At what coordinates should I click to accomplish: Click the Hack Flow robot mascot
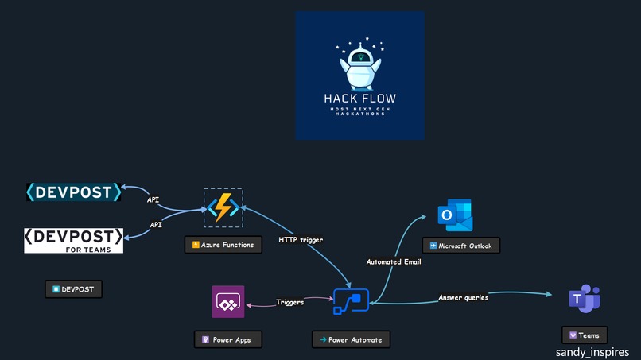click(359, 65)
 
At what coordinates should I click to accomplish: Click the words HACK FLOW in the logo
click(359, 99)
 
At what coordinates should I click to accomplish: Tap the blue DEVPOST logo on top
click(74, 192)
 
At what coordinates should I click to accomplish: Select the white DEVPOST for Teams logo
click(74, 240)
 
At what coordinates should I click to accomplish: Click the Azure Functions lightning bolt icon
click(223, 207)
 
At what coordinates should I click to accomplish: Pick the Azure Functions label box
click(223, 245)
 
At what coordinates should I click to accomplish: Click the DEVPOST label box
click(73, 289)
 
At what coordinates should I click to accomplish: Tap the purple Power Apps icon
click(228, 302)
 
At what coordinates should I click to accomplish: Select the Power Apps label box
click(227, 339)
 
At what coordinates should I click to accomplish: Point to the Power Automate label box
click(351, 339)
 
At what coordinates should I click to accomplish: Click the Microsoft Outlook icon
click(455, 215)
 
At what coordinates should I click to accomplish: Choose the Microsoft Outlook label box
click(460, 246)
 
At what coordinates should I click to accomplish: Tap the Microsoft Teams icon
click(585, 298)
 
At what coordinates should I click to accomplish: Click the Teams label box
click(585, 335)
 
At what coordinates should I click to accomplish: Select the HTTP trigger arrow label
click(301, 239)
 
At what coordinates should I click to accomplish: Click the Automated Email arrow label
click(394, 261)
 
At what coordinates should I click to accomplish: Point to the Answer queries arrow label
click(464, 297)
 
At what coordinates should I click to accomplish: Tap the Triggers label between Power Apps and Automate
click(289, 302)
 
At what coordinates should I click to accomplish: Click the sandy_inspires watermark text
click(597, 351)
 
